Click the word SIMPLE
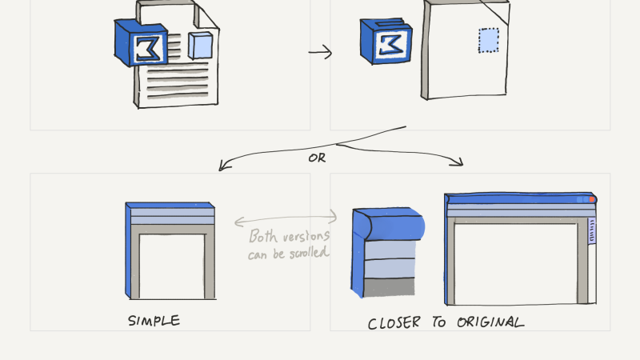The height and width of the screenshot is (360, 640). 154,321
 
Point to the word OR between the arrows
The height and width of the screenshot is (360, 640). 317,158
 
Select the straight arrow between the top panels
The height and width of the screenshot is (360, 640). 320,53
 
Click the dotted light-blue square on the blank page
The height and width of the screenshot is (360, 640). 488,40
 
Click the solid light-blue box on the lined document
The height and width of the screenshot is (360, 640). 199,45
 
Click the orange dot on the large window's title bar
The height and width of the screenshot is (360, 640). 592,198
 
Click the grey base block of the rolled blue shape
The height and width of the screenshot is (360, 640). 387,286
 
